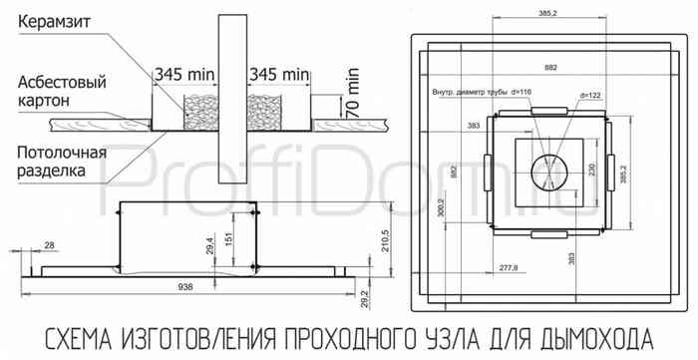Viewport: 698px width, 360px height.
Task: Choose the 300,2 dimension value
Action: point(442,208)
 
